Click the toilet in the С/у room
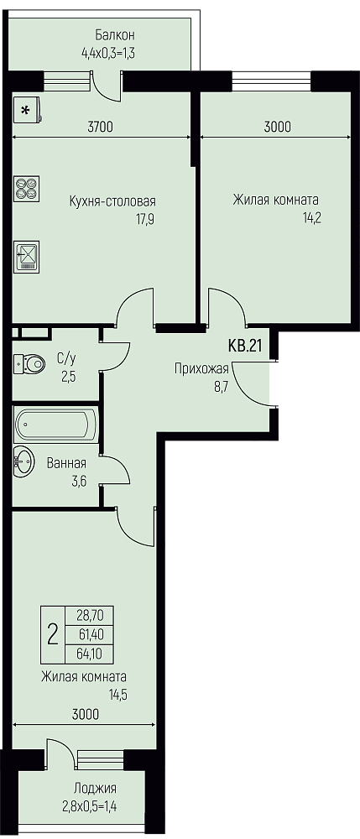coord(30,364)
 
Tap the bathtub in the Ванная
coord(56,425)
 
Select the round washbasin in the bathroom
coord(23,459)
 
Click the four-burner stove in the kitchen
coord(26,188)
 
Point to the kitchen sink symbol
coord(27,254)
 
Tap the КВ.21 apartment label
coord(245,347)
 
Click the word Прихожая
coord(201,368)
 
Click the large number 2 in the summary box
coord(52,634)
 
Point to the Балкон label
coord(114,35)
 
